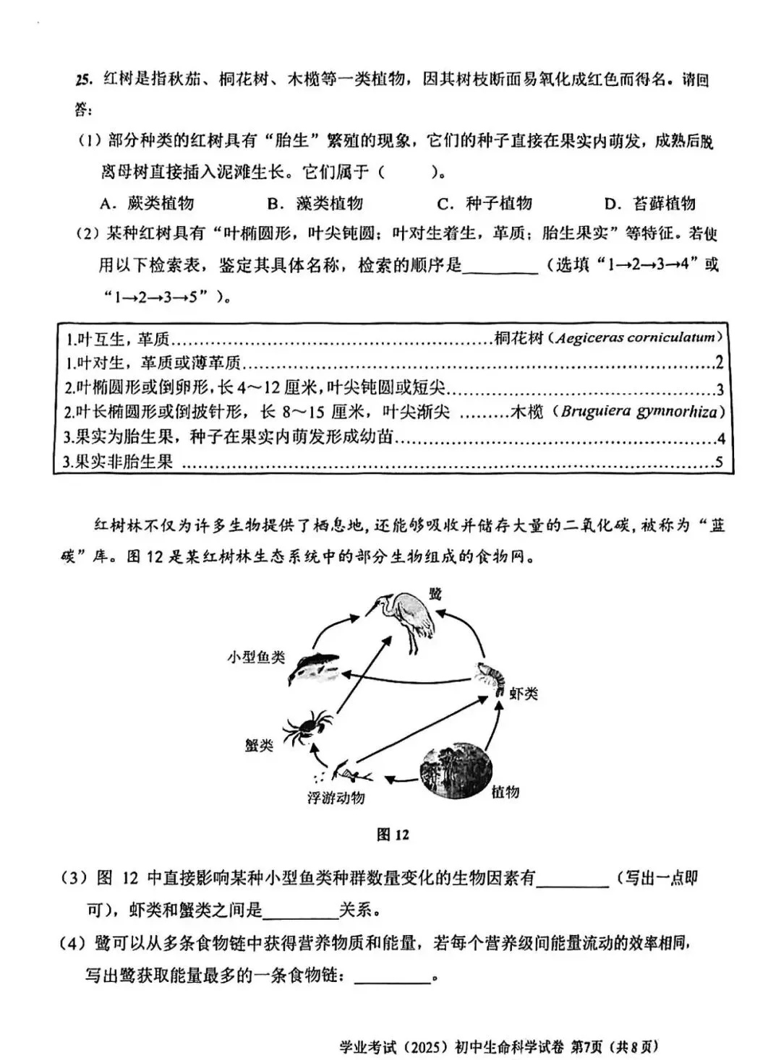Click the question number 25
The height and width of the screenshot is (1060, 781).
(83, 79)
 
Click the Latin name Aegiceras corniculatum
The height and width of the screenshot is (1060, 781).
(634, 337)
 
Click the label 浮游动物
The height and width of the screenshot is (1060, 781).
(336, 798)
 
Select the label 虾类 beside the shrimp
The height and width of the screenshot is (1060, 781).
(523, 694)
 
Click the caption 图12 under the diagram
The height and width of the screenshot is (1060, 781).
(393, 835)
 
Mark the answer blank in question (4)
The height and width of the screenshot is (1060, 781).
(393, 977)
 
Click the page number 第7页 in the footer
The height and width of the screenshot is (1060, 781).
(588, 1046)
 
